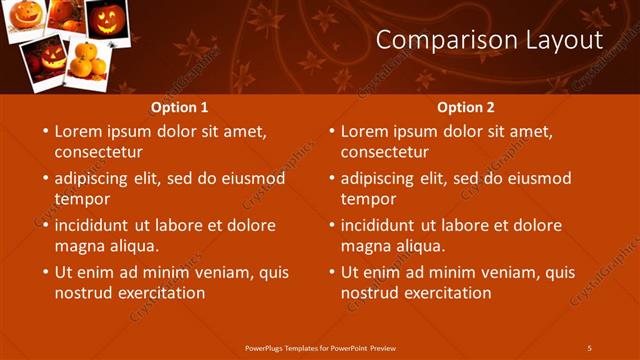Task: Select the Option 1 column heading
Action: (180, 107)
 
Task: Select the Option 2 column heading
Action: (466, 107)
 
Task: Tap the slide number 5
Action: (589, 348)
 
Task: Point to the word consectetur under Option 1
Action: (98, 152)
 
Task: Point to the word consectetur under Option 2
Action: (384, 152)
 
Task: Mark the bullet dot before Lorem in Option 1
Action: (44, 131)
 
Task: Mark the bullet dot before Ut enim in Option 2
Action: (330, 272)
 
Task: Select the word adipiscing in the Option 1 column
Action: (97, 178)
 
